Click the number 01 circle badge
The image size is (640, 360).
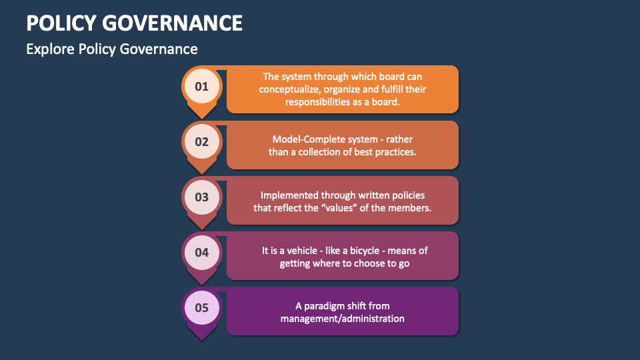pos(201,86)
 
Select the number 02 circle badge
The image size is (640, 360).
pos(201,141)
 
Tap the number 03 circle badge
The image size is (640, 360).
pos(201,197)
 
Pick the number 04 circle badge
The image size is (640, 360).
pos(201,252)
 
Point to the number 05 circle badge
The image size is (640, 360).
pos(201,307)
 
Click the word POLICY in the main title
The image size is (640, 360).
pos(61,23)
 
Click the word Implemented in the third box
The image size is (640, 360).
pos(289,195)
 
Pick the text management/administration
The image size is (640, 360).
pos(342,319)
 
